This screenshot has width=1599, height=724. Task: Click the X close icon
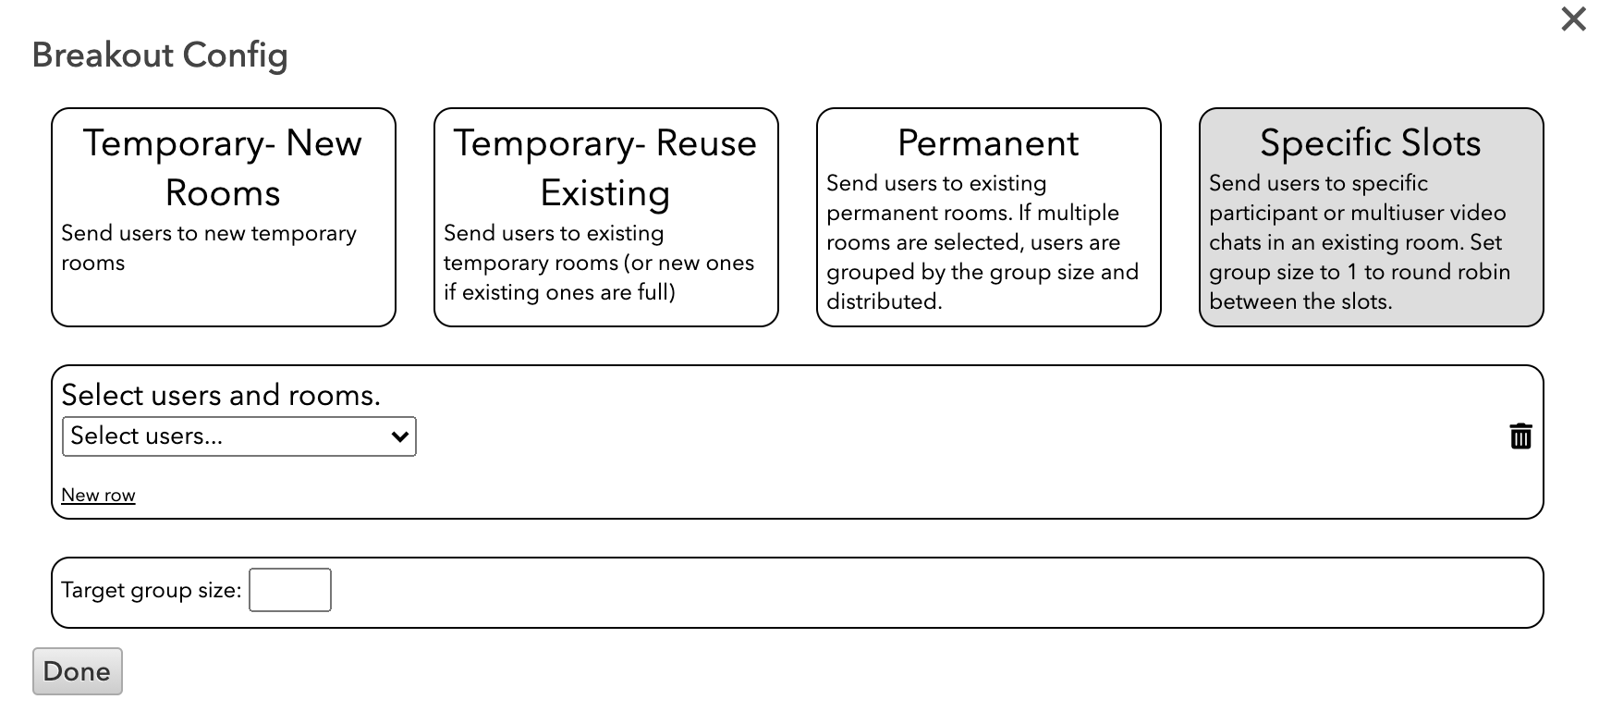click(1573, 19)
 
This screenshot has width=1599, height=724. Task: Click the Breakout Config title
click(160, 55)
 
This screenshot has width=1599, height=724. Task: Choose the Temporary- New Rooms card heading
click(223, 168)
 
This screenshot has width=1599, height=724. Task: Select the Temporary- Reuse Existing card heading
click(605, 168)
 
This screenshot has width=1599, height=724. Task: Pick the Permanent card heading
click(988, 143)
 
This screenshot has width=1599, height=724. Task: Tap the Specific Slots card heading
click(1371, 143)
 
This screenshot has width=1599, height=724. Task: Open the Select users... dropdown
click(238, 436)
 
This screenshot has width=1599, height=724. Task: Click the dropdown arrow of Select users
click(400, 436)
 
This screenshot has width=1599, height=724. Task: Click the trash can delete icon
click(1520, 436)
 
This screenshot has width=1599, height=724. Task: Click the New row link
click(98, 495)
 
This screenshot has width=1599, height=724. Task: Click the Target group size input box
click(290, 590)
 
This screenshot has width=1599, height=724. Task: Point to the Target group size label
click(152, 590)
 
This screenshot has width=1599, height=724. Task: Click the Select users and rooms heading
click(221, 395)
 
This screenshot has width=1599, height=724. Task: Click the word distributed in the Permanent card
click(885, 301)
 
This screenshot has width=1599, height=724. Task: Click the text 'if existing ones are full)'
click(559, 292)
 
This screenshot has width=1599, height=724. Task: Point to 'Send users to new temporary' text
click(209, 233)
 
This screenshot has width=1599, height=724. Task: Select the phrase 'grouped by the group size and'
click(983, 272)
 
